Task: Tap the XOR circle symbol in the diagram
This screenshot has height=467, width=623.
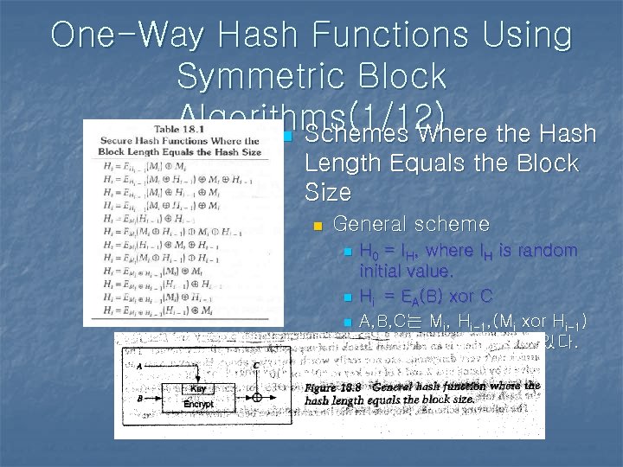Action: (256, 397)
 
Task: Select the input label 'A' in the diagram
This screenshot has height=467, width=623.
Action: (139, 365)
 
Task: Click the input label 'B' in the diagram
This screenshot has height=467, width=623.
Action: (139, 398)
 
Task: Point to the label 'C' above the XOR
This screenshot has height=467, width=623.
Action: (257, 366)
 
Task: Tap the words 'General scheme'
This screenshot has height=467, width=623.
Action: (411, 225)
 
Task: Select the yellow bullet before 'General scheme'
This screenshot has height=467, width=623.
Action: (318, 227)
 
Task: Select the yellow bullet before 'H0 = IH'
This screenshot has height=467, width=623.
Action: (348, 253)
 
